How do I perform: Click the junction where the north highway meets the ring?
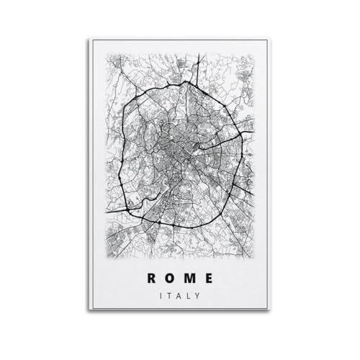(191, 81)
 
